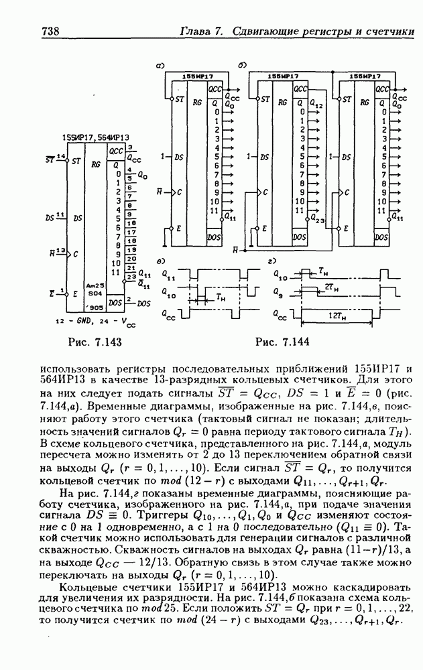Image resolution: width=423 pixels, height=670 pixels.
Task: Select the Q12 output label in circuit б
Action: coord(318,106)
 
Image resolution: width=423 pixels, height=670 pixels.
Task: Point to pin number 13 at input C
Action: coord(60,251)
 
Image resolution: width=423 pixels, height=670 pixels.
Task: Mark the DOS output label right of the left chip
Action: coord(143,304)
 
